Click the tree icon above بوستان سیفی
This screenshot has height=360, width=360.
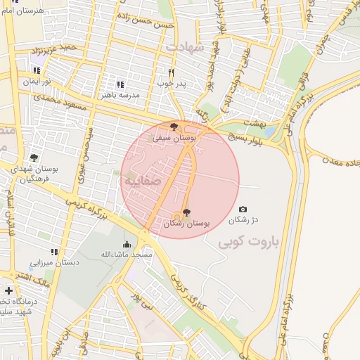pyautogui.click(x=174, y=127)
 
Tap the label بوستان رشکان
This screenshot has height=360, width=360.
pyautogui.click(x=186, y=223)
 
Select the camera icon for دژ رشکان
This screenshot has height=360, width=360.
pyautogui.click(x=243, y=209)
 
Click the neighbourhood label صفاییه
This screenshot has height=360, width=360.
pyautogui.click(x=143, y=181)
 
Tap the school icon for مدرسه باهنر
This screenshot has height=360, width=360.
pyautogui.click(x=120, y=84)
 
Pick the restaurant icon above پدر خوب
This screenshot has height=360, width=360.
pyautogui.click(x=171, y=72)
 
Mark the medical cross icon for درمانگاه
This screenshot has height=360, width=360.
pyautogui.click(x=8, y=290)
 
